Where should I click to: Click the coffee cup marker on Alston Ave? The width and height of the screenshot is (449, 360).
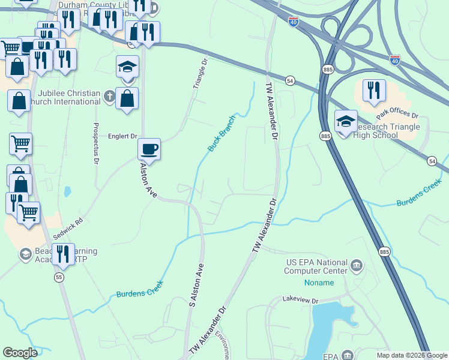[x=149, y=149]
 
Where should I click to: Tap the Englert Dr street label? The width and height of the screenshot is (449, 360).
[x=124, y=137]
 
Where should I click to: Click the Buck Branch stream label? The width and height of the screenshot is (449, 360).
[x=221, y=133]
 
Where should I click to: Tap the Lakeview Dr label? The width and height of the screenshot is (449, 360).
[x=300, y=299]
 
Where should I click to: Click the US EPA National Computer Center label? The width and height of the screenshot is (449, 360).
[x=316, y=267]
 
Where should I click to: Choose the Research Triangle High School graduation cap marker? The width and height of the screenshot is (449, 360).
[x=345, y=121]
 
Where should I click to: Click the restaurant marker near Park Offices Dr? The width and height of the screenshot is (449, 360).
[x=374, y=91]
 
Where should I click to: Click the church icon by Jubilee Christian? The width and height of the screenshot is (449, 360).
[x=109, y=95]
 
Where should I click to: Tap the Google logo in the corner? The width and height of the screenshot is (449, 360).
[x=20, y=353]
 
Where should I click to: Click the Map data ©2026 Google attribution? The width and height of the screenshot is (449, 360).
[x=411, y=355]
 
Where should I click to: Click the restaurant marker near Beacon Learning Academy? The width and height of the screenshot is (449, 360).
[x=63, y=254]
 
